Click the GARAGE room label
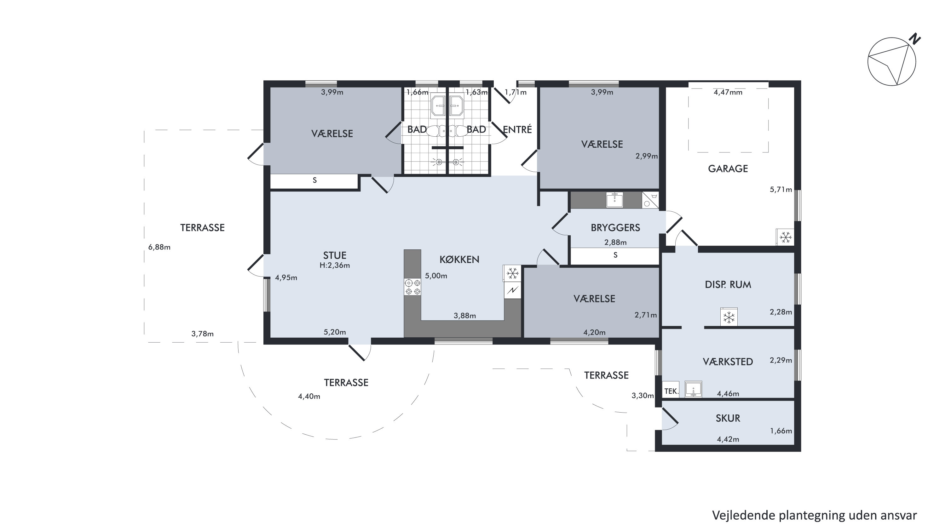tap(728, 169)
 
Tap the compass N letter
tap(915, 39)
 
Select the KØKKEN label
tap(459, 260)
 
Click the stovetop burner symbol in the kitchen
tap(412, 287)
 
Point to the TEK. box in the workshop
tap(671, 391)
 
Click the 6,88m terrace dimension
tap(159, 247)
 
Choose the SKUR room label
tap(728, 418)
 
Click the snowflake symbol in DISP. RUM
tap(729, 317)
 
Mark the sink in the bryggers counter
tap(614, 200)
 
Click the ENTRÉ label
tap(517, 129)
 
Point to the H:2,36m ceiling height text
tap(335, 265)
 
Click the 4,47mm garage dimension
tap(728, 92)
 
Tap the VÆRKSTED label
tap(728, 362)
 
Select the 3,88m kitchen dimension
tap(465, 316)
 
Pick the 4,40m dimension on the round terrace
tap(309, 397)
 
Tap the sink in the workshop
tap(693, 389)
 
